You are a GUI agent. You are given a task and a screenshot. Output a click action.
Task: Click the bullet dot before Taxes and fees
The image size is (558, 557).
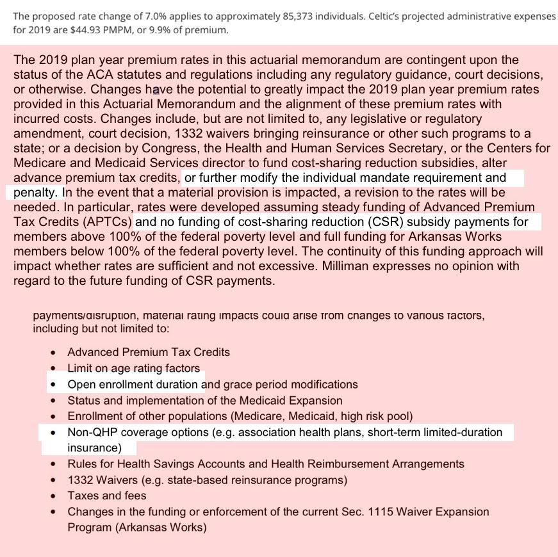53,496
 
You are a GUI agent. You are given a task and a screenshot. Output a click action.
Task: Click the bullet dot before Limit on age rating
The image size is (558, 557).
53,368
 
